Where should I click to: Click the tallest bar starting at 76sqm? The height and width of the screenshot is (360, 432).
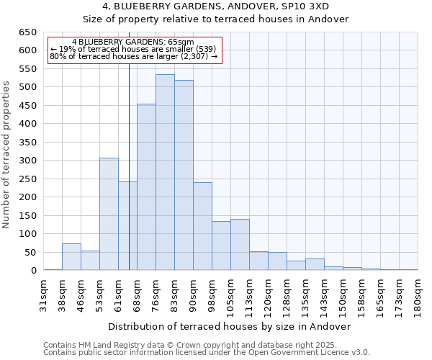pyautogui.click(x=165, y=173)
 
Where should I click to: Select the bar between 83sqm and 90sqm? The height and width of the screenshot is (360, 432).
pyautogui.click(x=184, y=176)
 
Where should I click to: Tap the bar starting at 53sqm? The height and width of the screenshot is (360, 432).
pyautogui.click(x=109, y=214)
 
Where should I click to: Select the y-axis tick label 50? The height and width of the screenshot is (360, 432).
pyautogui.click(x=30, y=253)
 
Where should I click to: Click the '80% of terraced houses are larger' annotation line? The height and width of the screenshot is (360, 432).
pyautogui.click(x=133, y=56)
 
